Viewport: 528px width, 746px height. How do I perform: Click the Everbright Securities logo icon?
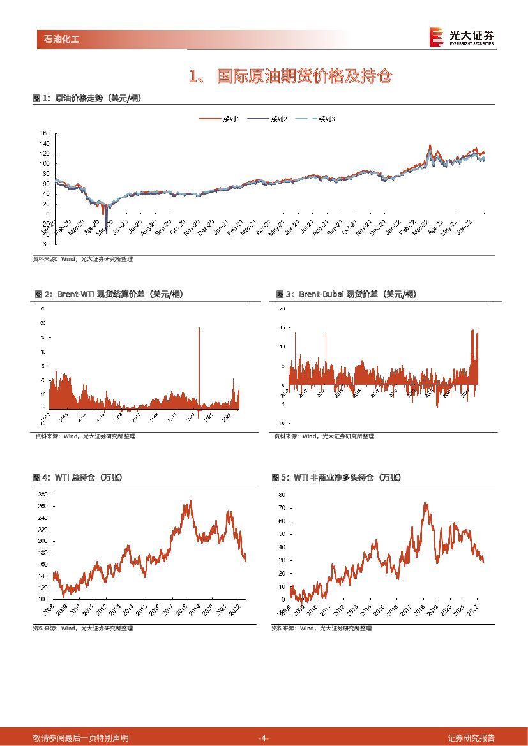coord(437,36)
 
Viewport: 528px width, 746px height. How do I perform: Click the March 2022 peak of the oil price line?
coord(430,146)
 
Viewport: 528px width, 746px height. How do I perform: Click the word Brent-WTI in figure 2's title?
coord(79,294)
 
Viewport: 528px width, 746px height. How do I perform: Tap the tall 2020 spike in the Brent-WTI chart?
coord(199,328)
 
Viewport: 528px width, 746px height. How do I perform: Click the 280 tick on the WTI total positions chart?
coord(43,495)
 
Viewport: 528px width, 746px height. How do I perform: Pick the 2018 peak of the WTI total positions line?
coord(190,502)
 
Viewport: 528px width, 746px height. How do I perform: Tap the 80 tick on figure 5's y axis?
coord(282,495)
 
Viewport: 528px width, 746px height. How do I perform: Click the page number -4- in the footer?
coord(264,738)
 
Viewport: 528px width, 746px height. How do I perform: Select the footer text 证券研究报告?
coord(471,738)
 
